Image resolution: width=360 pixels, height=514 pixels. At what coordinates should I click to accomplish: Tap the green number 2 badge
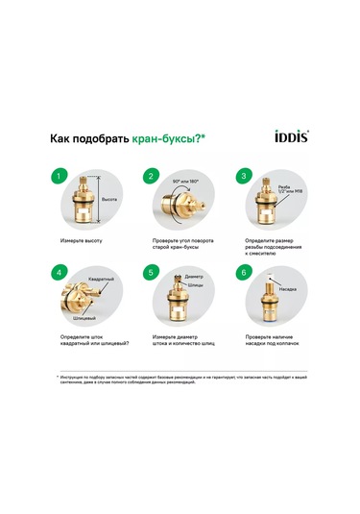tap(150, 177)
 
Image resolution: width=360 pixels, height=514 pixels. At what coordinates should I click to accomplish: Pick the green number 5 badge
tap(150, 273)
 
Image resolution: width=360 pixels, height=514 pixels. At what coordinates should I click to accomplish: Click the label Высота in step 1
tap(109, 198)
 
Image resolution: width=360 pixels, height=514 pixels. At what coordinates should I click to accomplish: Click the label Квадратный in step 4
tap(102, 278)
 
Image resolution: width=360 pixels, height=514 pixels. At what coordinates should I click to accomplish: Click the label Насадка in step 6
tap(286, 287)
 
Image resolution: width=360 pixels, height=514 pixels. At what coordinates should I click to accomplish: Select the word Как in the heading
tap(60, 138)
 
